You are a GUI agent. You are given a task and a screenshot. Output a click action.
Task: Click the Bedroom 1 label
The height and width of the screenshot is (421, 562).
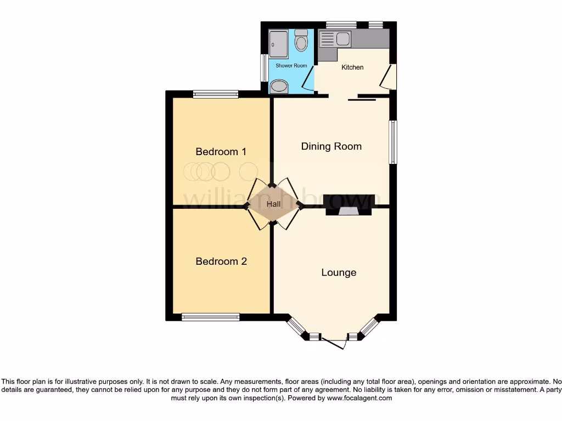pyautogui.click(x=221, y=152)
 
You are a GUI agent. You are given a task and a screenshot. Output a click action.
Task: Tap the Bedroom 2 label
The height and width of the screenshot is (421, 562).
pyautogui.click(x=221, y=261)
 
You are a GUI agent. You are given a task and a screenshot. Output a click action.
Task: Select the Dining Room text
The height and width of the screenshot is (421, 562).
pyautogui.click(x=331, y=146)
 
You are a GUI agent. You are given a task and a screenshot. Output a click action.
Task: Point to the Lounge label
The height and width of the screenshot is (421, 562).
pyautogui.click(x=339, y=272)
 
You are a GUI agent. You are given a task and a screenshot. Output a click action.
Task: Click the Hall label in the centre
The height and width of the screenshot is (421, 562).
pyautogui.click(x=273, y=204)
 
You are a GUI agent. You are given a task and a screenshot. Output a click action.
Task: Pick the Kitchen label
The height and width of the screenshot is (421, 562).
pyautogui.click(x=352, y=67)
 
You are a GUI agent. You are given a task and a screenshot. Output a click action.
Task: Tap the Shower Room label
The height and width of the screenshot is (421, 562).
pyautogui.click(x=291, y=66)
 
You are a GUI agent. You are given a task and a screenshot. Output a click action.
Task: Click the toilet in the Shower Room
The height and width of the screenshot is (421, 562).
pyautogui.click(x=301, y=41)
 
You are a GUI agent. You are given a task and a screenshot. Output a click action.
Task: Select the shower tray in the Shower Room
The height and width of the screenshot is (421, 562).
pyautogui.click(x=278, y=44)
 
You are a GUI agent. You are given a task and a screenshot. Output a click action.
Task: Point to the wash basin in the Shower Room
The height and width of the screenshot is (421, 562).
pyautogui.click(x=279, y=87)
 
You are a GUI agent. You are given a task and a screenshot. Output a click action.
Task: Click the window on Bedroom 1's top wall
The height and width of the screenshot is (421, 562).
pyautogui.click(x=216, y=94)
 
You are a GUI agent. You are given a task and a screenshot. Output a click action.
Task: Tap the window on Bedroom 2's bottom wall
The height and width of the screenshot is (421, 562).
pyautogui.click(x=211, y=317)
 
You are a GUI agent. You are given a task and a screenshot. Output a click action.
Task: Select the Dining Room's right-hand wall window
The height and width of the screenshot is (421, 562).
pyautogui.click(x=392, y=142)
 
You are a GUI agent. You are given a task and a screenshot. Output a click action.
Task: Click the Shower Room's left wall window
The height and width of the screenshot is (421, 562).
pyautogui.click(x=264, y=67)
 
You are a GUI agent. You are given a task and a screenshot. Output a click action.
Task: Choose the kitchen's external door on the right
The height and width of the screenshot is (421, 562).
pyautogui.click(x=390, y=77)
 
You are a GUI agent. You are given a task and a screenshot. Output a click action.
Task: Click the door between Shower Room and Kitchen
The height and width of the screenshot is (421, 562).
pyautogui.click(x=309, y=80)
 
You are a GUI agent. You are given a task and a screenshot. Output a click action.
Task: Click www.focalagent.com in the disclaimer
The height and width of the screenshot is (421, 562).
pyautogui.click(x=359, y=399)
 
